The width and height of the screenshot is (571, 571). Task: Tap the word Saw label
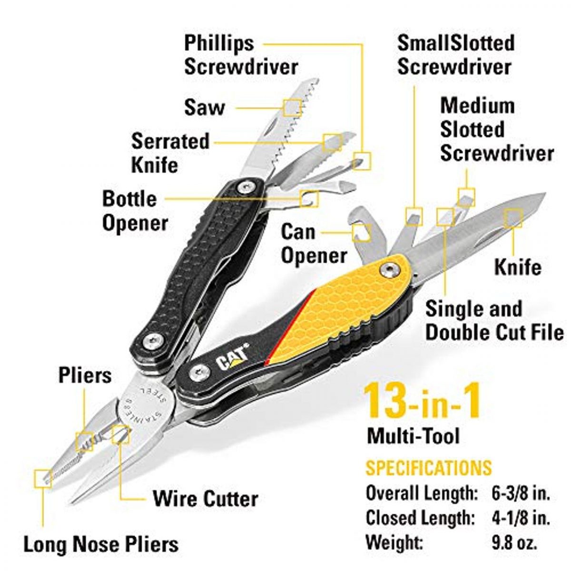pos(205,108)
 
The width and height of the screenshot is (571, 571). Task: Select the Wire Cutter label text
pos(206,499)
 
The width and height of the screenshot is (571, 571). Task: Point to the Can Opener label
pos(314,244)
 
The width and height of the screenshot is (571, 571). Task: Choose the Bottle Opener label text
pos(135,211)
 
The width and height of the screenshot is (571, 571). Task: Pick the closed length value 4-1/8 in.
pos(521,518)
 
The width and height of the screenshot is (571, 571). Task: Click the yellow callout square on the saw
pos(293,108)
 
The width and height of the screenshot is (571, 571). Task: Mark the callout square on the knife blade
pos(513,218)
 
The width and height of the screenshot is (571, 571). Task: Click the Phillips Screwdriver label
pos(241,55)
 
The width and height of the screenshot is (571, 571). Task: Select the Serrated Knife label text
pos(170,153)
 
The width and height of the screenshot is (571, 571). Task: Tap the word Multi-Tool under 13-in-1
pos(413,436)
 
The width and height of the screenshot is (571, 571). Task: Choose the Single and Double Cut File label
pos(494,321)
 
